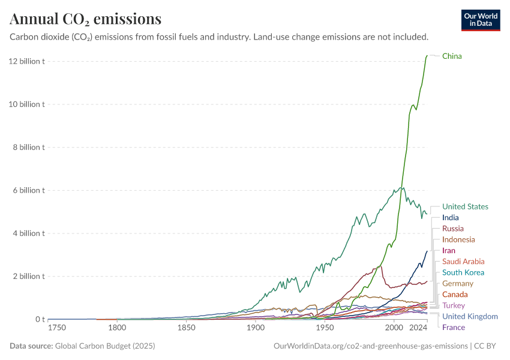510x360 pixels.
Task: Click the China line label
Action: click(x=452, y=56)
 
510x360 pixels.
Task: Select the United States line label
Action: click(x=465, y=206)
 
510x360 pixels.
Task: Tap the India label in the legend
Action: click(x=451, y=218)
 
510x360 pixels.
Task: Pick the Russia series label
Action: click(x=452, y=229)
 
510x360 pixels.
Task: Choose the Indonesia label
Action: click(x=458, y=239)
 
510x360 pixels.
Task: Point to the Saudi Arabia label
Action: click(x=463, y=262)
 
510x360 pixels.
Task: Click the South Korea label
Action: click(x=463, y=272)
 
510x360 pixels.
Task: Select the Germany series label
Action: click(x=457, y=283)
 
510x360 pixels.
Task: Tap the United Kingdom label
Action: click(x=470, y=316)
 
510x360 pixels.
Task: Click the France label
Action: click(x=453, y=327)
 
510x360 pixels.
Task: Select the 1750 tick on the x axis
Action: click(x=57, y=328)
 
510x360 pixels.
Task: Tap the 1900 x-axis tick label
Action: click(x=256, y=328)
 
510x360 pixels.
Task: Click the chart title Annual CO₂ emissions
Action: click(x=85, y=19)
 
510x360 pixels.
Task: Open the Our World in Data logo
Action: click(x=480, y=20)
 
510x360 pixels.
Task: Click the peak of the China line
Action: click(x=427, y=56)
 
